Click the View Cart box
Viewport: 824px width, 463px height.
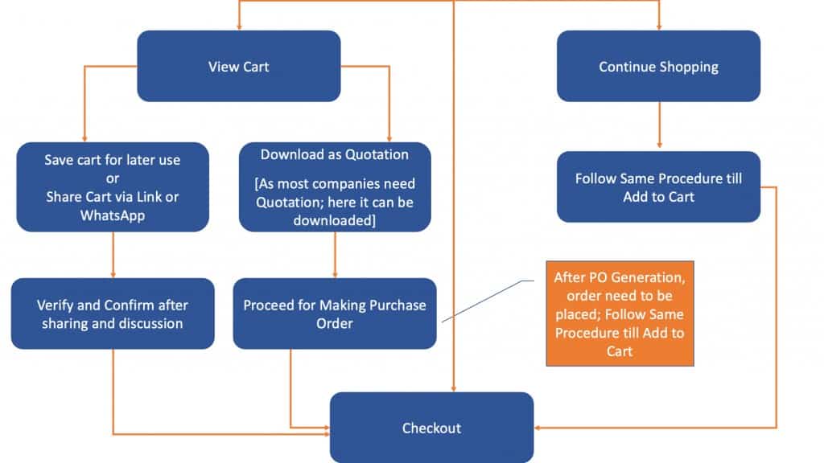[x=238, y=66]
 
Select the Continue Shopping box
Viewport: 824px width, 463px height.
[x=658, y=66]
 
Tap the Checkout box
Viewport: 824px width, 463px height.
[x=431, y=428]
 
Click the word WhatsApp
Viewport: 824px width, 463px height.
[x=113, y=215]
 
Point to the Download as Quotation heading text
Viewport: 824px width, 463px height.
[x=335, y=154]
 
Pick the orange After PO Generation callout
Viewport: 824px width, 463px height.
[x=620, y=313]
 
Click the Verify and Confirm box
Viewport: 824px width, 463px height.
[x=113, y=313]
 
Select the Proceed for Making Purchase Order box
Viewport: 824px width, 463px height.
[x=335, y=313]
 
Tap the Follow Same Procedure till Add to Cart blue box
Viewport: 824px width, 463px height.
[x=658, y=186]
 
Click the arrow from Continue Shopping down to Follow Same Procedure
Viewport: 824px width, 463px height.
[x=659, y=125]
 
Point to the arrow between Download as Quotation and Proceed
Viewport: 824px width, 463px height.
[x=335, y=255]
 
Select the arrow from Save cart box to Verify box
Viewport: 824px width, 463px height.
[x=113, y=255]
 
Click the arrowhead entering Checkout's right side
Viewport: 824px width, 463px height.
[x=537, y=428]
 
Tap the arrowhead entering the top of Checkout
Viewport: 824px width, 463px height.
[x=454, y=389]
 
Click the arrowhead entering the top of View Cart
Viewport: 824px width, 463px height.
[x=239, y=27]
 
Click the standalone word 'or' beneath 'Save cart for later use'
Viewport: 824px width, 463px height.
[x=113, y=179]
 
